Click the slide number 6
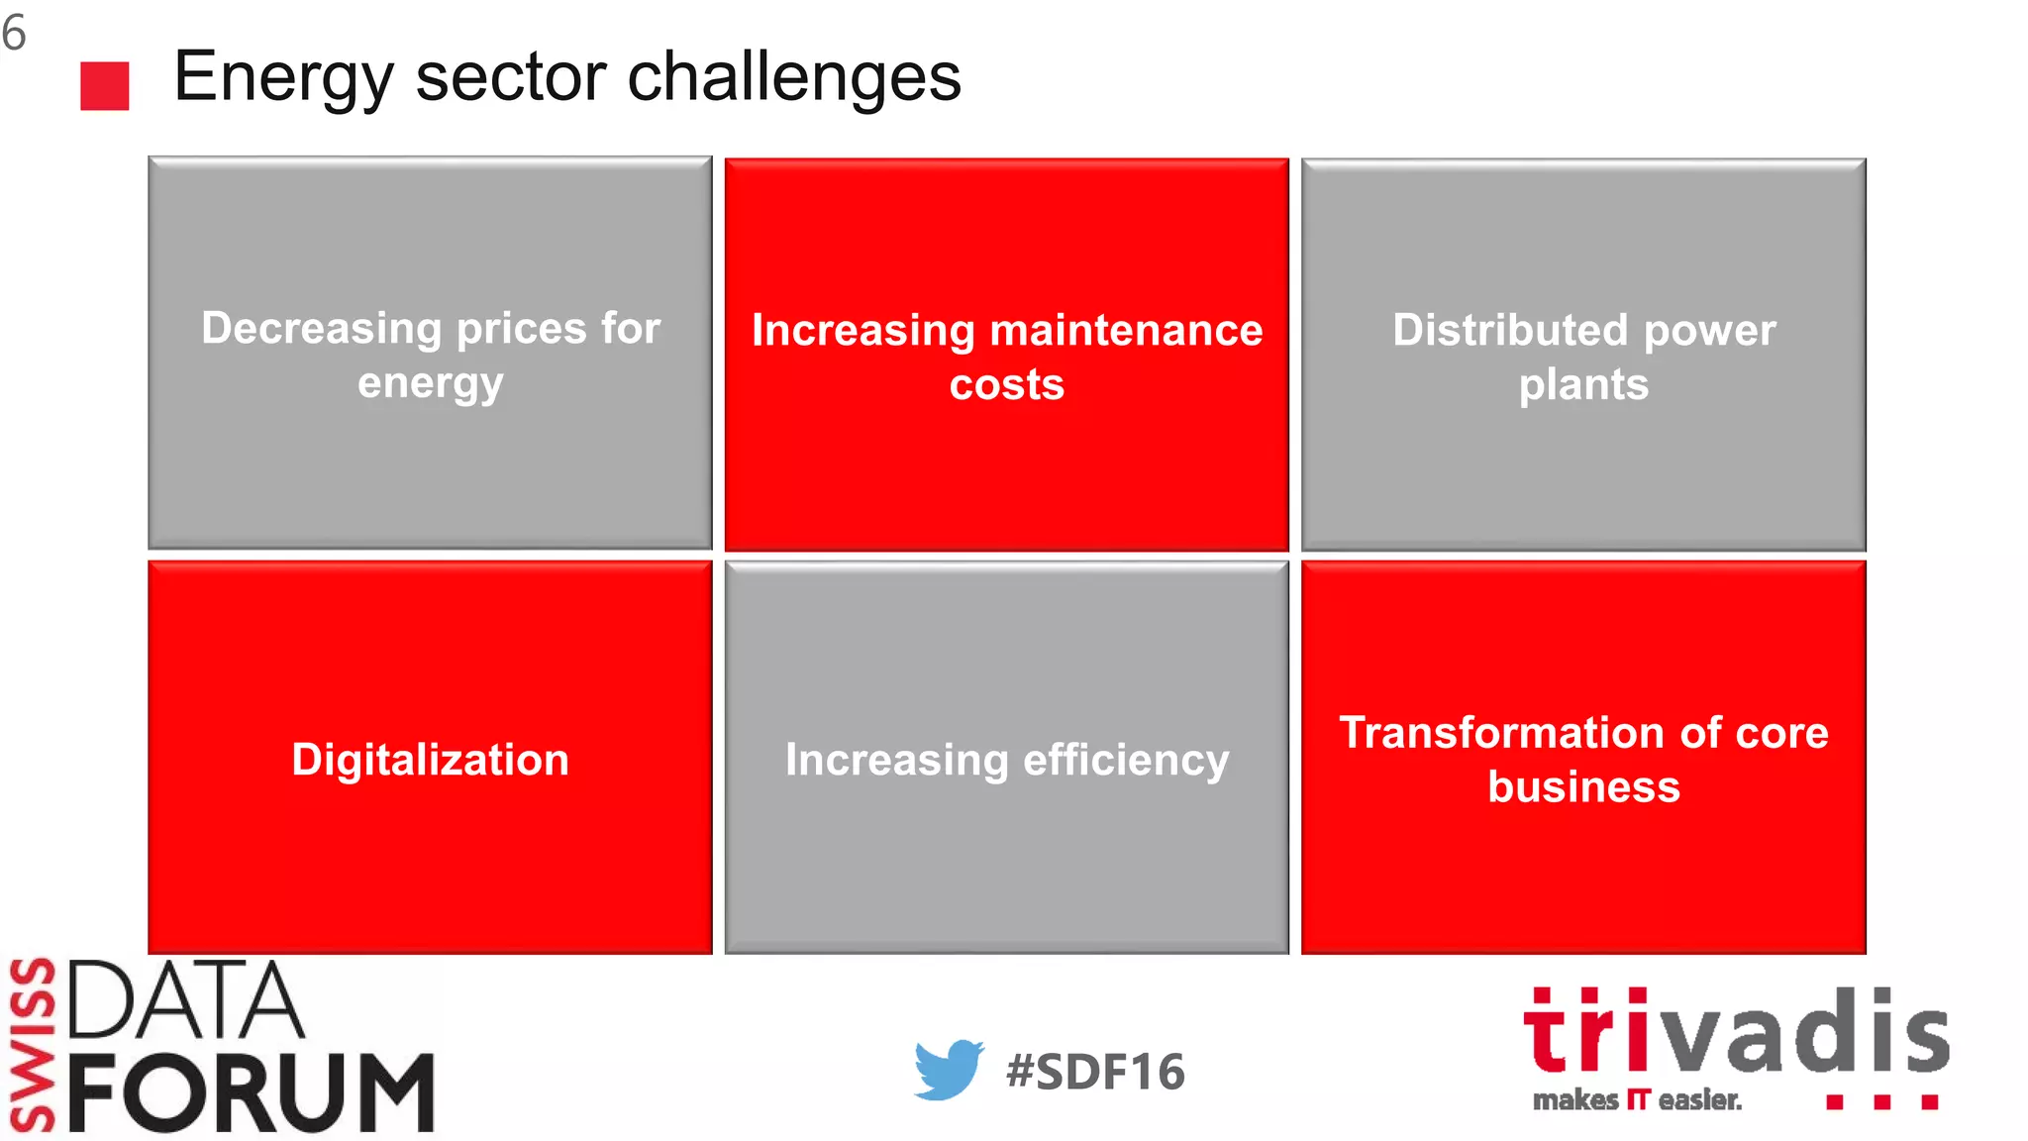click(14, 33)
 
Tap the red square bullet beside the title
click(105, 86)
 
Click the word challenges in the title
click(794, 77)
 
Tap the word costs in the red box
click(1006, 384)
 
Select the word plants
click(1583, 384)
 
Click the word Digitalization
click(430, 760)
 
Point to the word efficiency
click(1125, 760)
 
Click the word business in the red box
click(1583, 786)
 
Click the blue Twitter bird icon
click(948, 1070)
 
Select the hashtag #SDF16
click(1095, 1072)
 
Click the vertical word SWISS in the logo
click(32, 1044)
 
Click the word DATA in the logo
click(184, 999)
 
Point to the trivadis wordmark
click(1735, 1031)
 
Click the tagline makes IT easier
click(1636, 1100)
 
